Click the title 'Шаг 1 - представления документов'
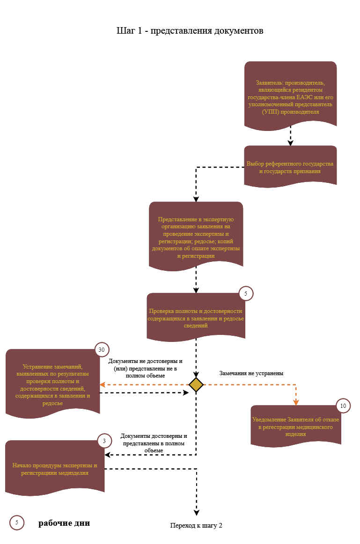coord(190,31)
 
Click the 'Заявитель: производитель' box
coord(291,95)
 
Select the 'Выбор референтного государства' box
coord(291,166)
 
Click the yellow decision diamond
coord(196,385)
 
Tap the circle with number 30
coord(102,350)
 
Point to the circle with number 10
coord(343,406)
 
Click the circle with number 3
coord(104,441)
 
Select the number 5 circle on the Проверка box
coord(246,293)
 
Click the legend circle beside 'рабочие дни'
coord(17,522)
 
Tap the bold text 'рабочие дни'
coord(64,523)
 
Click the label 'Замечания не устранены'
coord(251,373)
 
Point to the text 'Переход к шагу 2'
coord(196,526)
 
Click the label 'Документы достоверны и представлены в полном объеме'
coord(154,443)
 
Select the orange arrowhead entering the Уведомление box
coord(296,402)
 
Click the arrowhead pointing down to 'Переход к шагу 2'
coord(197,513)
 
